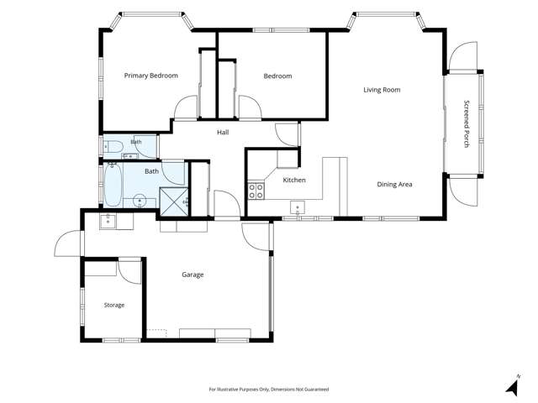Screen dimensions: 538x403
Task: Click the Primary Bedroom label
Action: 151,76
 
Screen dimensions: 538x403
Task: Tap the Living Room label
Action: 382,90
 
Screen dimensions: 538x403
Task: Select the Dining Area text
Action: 394,185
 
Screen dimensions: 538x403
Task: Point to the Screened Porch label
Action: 467,123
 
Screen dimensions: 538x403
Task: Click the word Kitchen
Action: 294,180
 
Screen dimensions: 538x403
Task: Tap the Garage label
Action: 193,275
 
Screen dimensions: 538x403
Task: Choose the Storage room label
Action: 114,305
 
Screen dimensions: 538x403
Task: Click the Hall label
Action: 223,133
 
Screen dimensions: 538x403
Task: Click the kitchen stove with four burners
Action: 256,191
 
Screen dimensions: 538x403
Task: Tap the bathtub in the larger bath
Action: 113,185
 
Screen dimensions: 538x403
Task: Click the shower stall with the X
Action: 174,201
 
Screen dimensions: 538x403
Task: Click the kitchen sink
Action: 298,207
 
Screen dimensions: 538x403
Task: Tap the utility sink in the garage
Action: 108,221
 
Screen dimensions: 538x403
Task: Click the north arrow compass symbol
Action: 513,386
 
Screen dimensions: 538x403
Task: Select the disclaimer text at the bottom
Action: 269,390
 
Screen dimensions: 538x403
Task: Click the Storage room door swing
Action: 129,272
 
